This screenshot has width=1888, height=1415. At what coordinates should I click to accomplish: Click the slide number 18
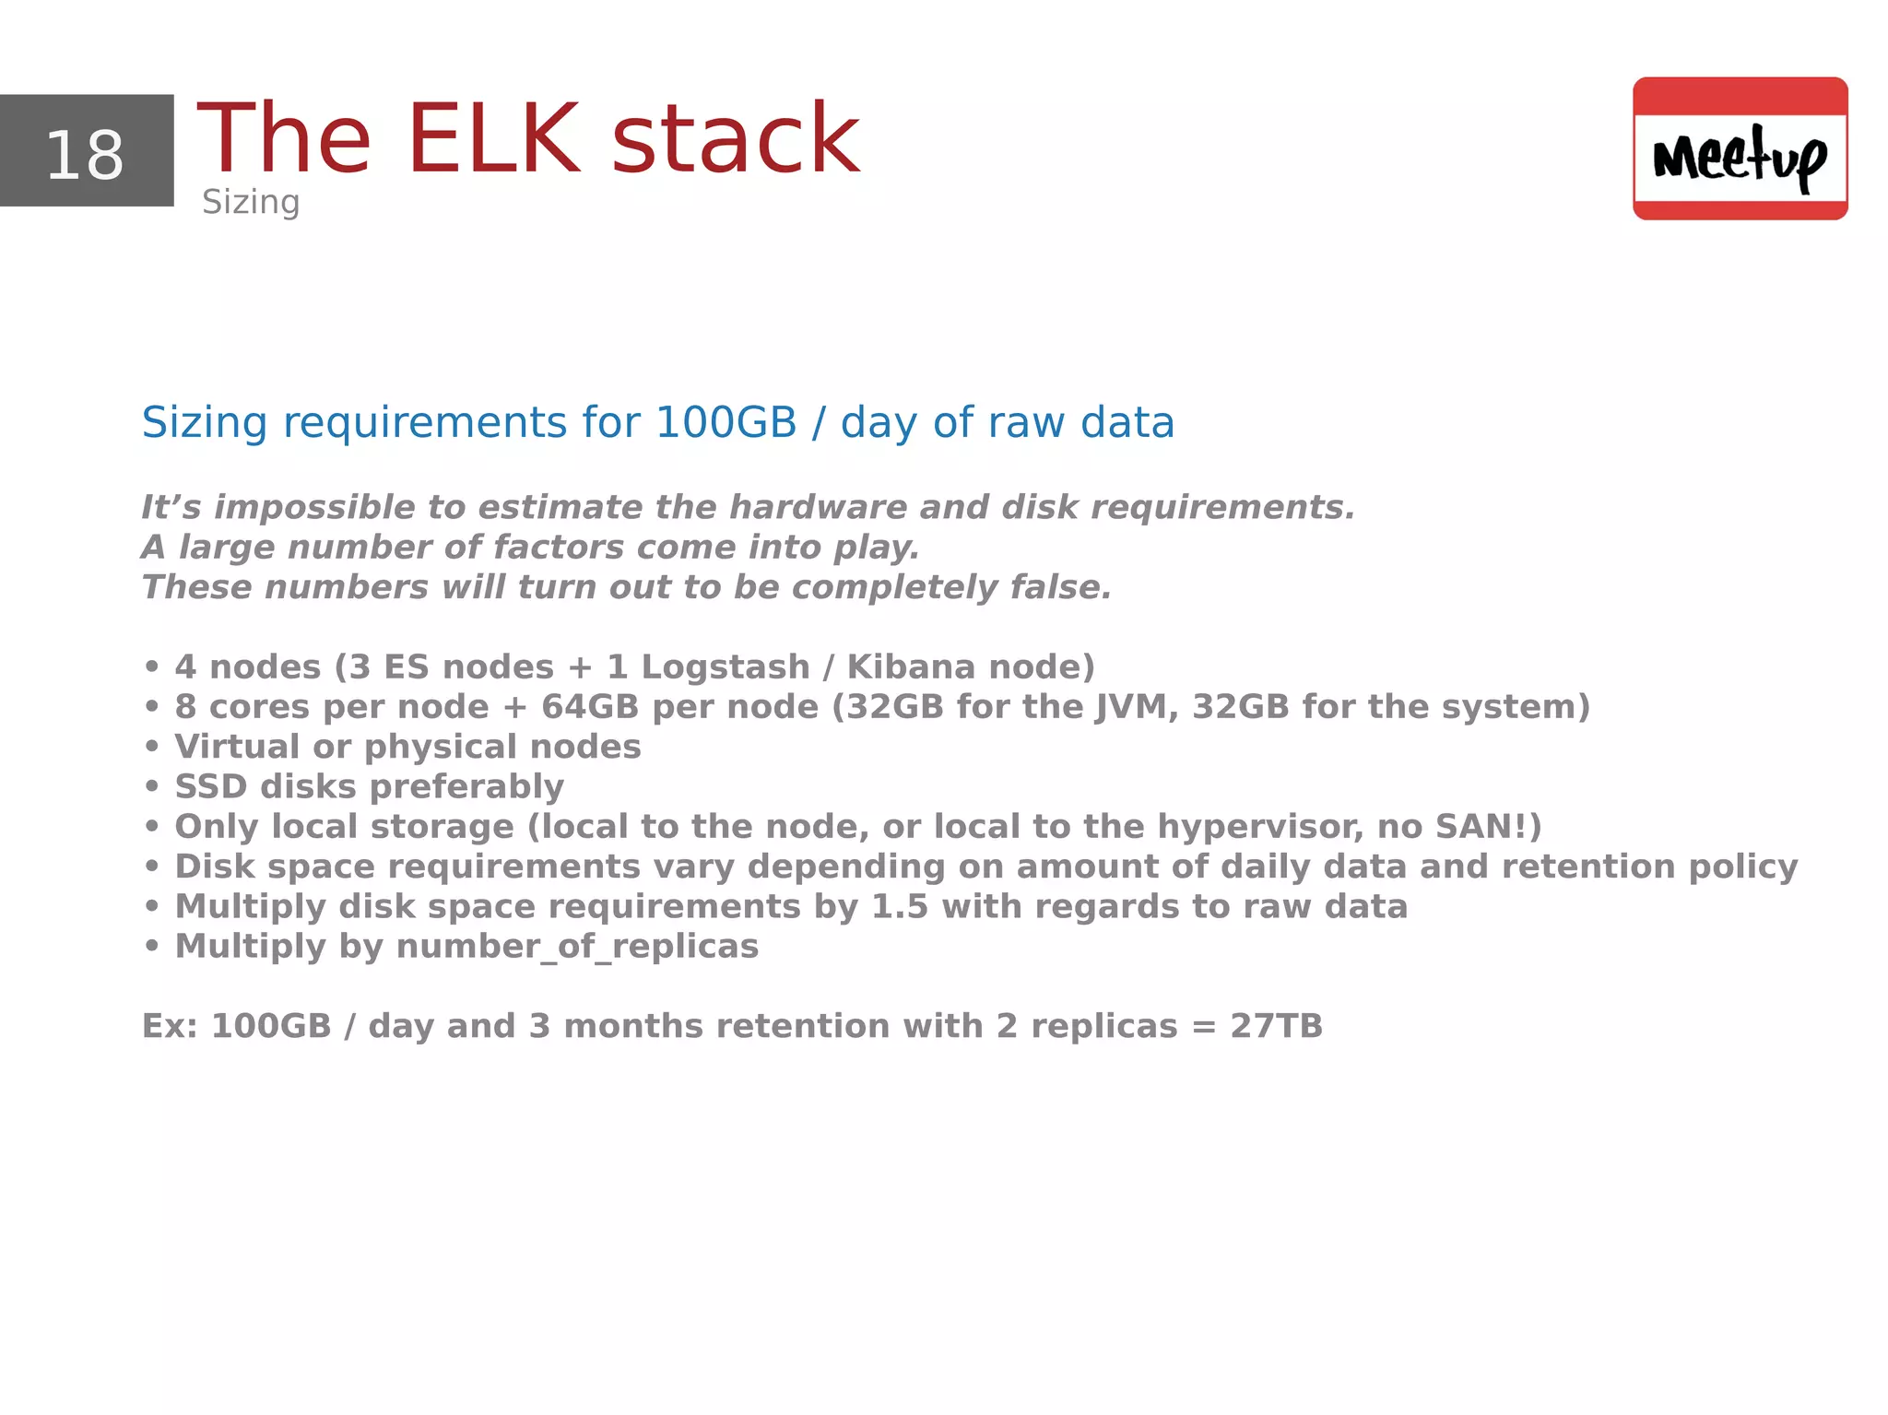(85, 155)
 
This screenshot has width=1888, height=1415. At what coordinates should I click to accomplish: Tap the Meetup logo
(1740, 148)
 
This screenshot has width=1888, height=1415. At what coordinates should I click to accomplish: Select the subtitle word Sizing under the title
(251, 202)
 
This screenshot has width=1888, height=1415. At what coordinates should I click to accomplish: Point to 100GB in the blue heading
(726, 422)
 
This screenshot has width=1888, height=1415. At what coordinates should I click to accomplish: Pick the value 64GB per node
(590, 707)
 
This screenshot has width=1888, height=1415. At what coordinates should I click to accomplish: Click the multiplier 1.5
(899, 907)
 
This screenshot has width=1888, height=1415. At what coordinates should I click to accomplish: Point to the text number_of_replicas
(577, 947)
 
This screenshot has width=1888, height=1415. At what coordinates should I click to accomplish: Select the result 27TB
(1276, 1026)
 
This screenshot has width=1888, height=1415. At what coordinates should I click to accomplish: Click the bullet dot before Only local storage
(152, 827)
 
